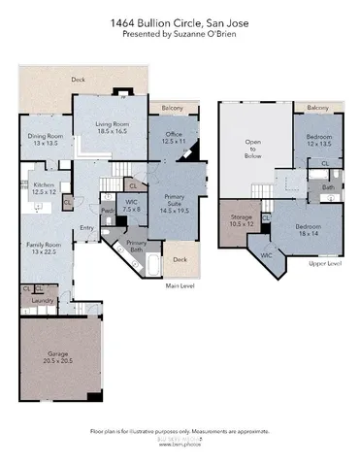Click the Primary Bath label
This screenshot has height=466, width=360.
137,247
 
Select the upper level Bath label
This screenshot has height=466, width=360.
328,187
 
